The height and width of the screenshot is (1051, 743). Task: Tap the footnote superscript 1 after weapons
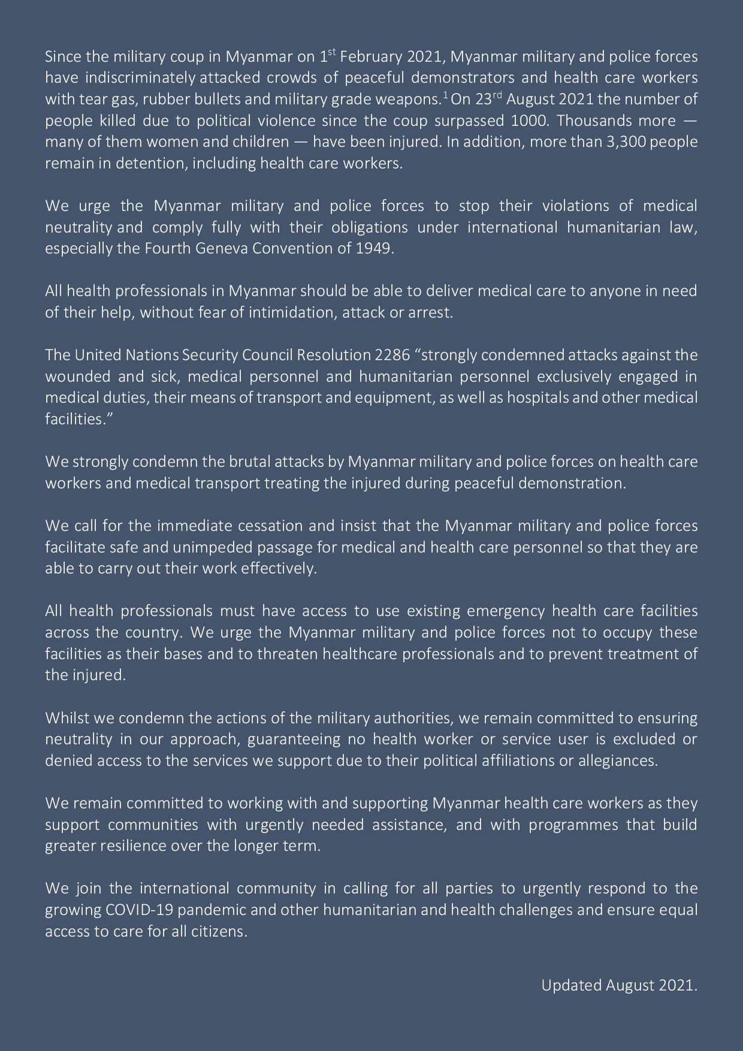445,95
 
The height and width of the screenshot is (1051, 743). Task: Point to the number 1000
529,120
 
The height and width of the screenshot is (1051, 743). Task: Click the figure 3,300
627,142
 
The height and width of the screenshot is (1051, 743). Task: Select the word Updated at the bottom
571,985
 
